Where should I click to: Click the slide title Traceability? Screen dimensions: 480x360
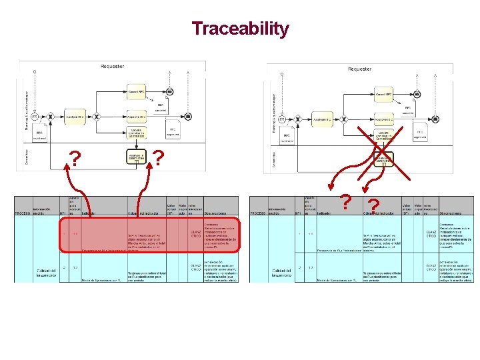tap(240, 29)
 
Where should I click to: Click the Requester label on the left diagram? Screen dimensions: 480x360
tap(113, 66)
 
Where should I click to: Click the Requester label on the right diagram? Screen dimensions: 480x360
tap(359, 69)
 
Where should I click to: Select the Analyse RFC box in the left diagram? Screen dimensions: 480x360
tap(74, 117)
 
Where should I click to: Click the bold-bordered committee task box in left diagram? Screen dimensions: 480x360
tap(136, 157)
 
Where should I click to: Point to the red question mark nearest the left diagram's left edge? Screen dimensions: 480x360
tap(76, 159)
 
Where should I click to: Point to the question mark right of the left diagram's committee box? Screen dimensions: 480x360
tap(159, 158)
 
